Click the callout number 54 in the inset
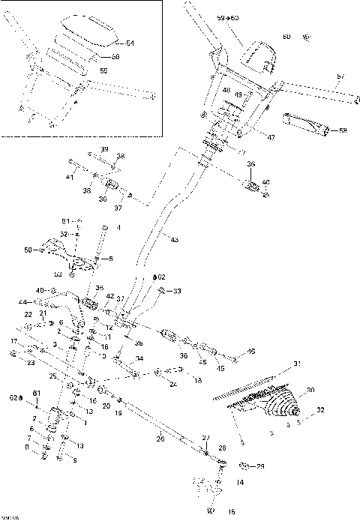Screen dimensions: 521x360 click(x=130, y=43)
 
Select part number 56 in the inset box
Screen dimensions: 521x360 click(x=115, y=57)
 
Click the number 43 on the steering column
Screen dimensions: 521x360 click(x=174, y=239)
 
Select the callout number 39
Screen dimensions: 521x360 click(x=104, y=148)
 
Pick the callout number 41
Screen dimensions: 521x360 click(x=69, y=177)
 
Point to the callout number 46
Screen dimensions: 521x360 click(x=251, y=351)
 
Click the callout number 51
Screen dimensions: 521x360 click(x=65, y=221)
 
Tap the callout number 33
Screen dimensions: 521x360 click(x=177, y=291)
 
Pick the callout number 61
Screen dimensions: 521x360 click(x=34, y=393)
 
